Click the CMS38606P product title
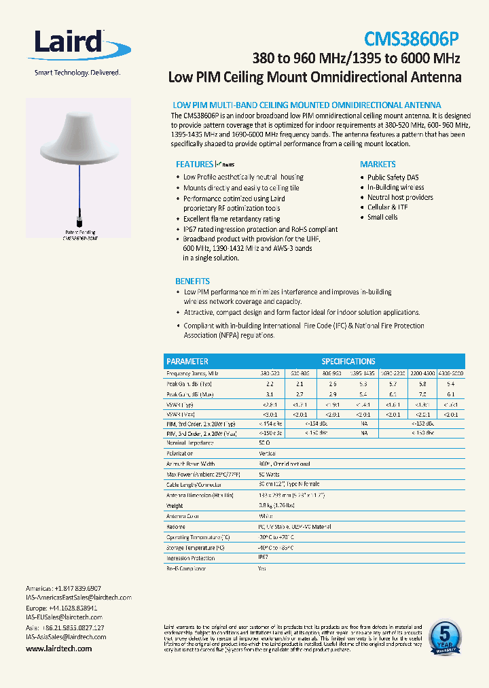tap(412, 38)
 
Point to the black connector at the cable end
tap(80, 222)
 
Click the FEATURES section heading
tap(194, 165)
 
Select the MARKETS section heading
tap(378, 165)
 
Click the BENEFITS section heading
tap(192, 281)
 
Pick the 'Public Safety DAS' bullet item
tap(393, 177)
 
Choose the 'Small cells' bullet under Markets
tap(382, 218)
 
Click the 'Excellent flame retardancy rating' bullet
tap(232, 220)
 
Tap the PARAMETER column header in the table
tap(187, 362)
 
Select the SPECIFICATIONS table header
tap(348, 362)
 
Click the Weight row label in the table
tap(175, 506)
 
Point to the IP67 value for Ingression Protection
tap(263, 558)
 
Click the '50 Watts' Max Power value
tap(270, 474)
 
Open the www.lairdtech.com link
tap(58, 649)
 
